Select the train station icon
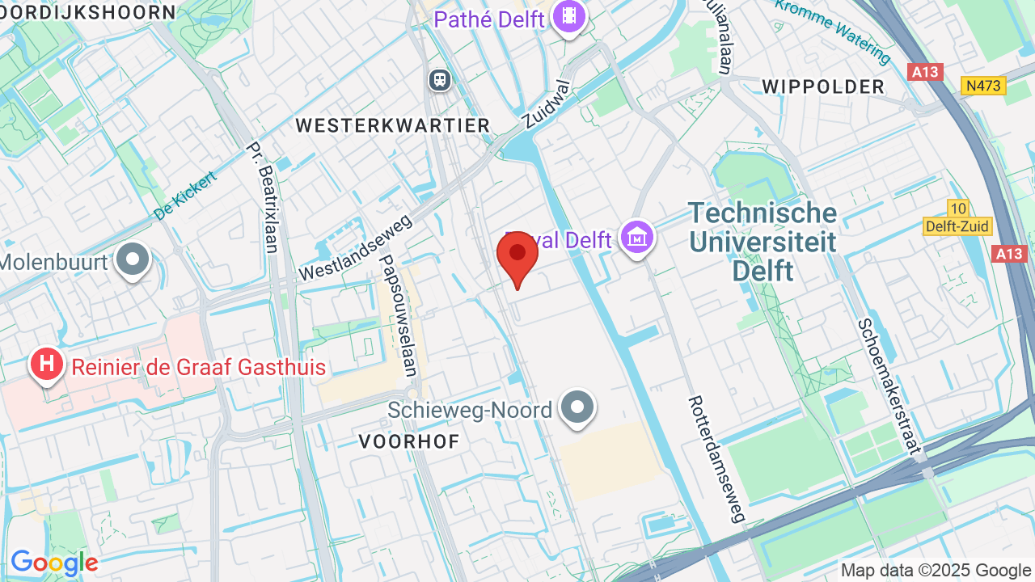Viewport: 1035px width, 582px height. coord(440,79)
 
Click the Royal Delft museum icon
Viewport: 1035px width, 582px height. coord(637,238)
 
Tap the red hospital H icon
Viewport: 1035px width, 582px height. coord(47,365)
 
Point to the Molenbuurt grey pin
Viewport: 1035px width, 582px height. coord(133,260)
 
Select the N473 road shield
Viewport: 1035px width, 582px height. coord(983,86)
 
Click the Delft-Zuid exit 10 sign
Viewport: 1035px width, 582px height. coord(957,218)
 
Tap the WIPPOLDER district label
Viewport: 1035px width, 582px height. coord(823,87)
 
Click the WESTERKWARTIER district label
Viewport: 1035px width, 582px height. coord(393,125)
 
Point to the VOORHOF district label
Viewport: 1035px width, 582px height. coord(409,441)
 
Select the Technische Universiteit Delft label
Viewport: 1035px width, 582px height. coord(763,242)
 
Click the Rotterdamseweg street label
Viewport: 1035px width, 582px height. coord(716,458)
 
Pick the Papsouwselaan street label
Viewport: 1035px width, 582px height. coord(398,315)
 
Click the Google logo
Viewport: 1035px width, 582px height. coord(54,563)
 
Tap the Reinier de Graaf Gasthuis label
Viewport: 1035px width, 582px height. coord(199,368)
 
